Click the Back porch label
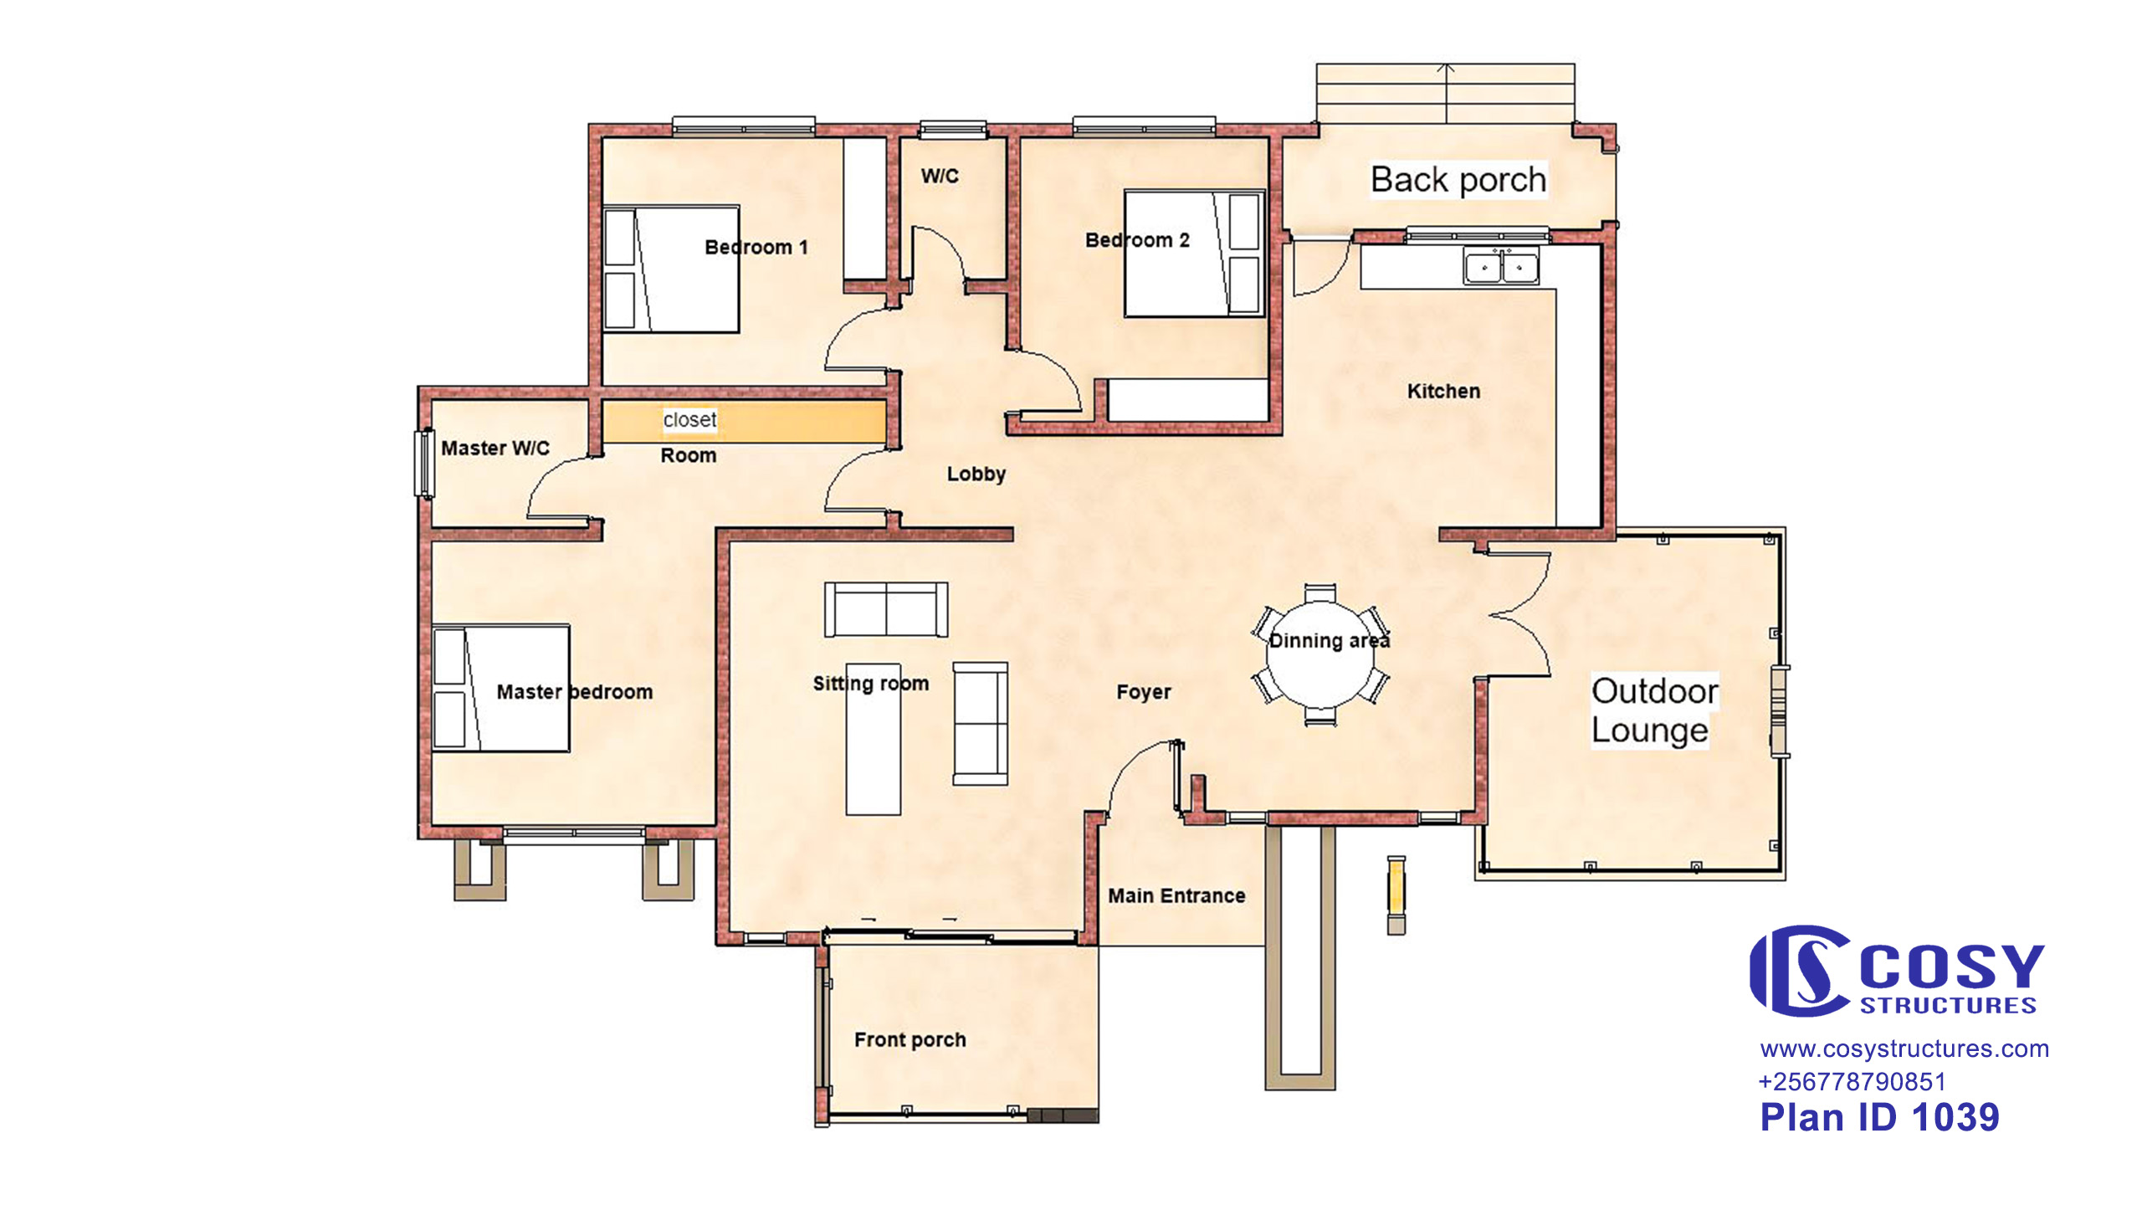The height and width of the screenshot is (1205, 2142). pyautogui.click(x=1458, y=180)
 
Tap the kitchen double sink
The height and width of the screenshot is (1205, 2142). pyautogui.click(x=1501, y=266)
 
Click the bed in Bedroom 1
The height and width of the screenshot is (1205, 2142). pyautogui.click(x=671, y=269)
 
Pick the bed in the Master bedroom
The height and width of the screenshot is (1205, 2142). pyautogui.click(x=501, y=688)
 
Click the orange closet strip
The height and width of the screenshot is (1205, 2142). pyautogui.click(x=744, y=421)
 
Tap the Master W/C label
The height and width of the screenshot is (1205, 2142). pyautogui.click(x=495, y=449)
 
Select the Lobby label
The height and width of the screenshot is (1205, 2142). pyautogui.click(x=976, y=474)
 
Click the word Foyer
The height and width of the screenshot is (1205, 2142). pyautogui.click(x=1144, y=692)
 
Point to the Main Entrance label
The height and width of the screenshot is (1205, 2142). pyautogui.click(x=1176, y=896)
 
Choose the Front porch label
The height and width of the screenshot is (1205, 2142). pyautogui.click(x=910, y=1040)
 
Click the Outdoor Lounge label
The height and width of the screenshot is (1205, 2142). pyautogui.click(x=1654, y=710)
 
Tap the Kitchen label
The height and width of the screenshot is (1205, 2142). pyautogui.click(x=1443, y=391)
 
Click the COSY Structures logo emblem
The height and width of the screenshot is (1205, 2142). pyautogui.click(x=1799, y=971)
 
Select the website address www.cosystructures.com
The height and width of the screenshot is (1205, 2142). pyautogui.click(x=1904, y=1049)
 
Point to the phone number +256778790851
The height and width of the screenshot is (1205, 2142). pyautogui.click(x=1852, y=1082)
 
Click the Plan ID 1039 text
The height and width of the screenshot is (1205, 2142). pyautogui.click(x=1879, y=1117)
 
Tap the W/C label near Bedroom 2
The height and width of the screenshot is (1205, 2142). pyautogui.click(x=940, y=176)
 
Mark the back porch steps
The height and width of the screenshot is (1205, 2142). pyautogui.click(x=1446, y=94)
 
